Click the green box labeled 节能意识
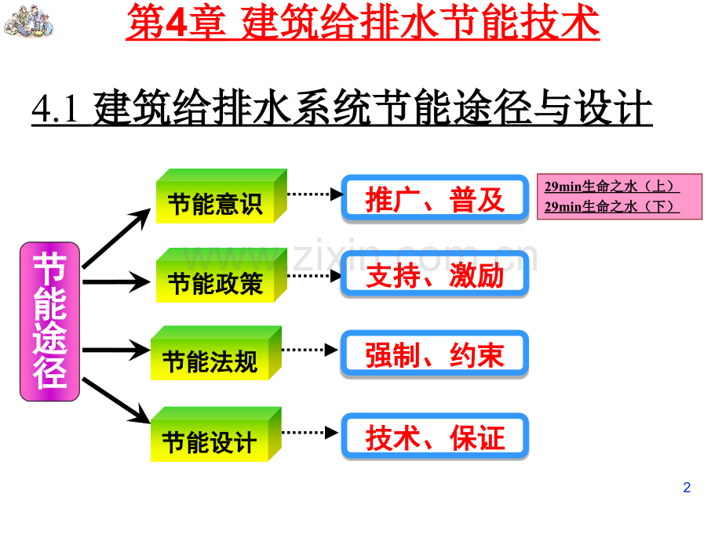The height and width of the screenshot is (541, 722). pos(221,197)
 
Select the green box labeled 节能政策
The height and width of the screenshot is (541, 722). pos(221,275)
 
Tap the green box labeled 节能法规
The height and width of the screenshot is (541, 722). pos(216,354)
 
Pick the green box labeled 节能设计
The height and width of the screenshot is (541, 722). pos(216,434)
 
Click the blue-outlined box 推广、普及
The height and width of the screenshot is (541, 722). pos(435,198)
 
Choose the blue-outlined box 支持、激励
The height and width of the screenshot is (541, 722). pos(435,274)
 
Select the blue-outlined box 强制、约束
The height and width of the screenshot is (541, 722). pos(435,354)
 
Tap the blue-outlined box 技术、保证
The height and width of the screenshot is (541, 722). pos(435,437)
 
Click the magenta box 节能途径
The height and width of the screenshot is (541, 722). pos(49,321)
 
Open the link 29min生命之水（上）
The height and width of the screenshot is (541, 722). pos(611,187)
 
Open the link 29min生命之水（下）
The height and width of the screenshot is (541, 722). pos(611,207)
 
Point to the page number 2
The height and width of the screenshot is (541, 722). pos(687,487)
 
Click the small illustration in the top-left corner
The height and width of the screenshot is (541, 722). pos(28,21)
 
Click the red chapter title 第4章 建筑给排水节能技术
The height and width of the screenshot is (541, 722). pos(363,22)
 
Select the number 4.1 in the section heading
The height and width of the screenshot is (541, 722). pos(55,108)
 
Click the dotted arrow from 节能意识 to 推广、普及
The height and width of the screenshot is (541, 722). pos(315,194)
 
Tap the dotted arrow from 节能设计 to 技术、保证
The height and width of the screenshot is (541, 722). pos(310,433)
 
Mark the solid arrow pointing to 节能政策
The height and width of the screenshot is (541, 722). pos(116,281)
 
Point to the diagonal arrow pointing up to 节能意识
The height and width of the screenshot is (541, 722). pos(116,238)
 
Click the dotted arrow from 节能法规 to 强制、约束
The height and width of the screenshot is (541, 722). pos(310,350)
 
